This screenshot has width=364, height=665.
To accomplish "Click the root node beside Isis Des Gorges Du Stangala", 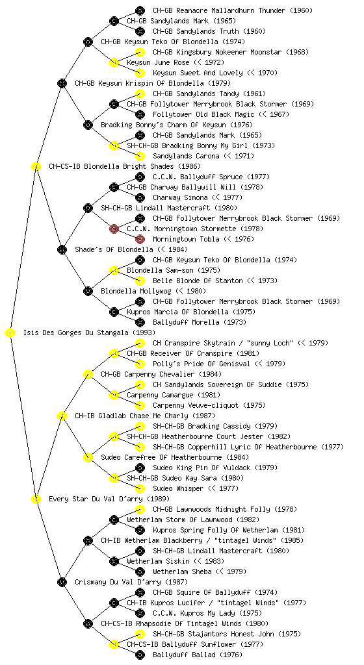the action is (10, 332).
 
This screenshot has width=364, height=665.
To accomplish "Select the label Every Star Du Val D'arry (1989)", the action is (109, 499).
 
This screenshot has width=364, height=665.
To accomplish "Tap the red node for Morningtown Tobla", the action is (140, 239).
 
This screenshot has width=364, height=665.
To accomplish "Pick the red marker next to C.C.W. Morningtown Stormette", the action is (114, 229).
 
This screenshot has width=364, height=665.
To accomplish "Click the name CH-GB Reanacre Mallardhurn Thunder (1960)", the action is (233, 10).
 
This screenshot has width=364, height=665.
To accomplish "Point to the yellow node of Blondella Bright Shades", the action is (36, 166).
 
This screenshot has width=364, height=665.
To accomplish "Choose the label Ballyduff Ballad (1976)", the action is (198, 655).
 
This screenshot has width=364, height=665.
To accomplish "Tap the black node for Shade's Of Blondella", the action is (62, 249).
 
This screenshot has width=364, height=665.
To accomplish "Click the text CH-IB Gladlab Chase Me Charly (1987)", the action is (145, 416).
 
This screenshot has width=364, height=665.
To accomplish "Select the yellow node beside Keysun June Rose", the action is (114, 62).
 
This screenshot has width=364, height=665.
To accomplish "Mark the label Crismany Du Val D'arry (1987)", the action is (131, 582).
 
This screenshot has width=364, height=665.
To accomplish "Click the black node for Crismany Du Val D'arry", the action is (62, 582).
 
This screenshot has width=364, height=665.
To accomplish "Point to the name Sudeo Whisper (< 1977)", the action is (196, 488).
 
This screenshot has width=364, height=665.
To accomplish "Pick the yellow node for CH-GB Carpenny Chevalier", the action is (88, 374).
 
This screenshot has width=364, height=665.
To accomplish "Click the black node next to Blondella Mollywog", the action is (88, 291).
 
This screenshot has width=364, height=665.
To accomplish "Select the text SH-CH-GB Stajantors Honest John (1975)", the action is (227, 634).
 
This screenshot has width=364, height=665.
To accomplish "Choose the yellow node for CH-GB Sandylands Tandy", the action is (140, 94).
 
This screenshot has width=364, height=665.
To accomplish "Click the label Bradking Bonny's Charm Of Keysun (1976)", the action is (177, 125).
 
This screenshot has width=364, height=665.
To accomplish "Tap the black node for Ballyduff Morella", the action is (140, 322).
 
